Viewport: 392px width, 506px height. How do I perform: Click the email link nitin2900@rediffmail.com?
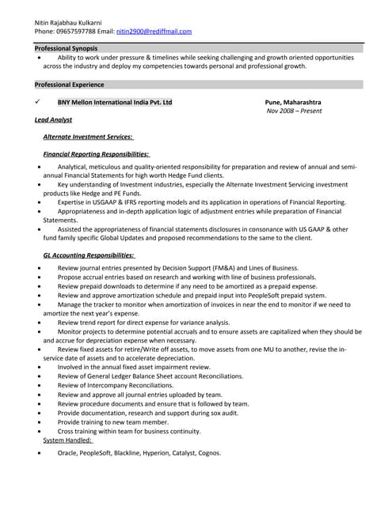[154, 31]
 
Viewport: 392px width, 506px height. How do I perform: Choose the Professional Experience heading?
[70, 85]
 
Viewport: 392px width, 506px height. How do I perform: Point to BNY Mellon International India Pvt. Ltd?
[115, 103]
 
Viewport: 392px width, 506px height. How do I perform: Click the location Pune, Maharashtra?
[293, 103]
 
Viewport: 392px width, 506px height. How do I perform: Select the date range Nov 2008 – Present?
[295, 111]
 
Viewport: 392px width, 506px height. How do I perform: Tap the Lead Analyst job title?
[54, 120]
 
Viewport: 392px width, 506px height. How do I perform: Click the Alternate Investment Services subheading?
[88, 137]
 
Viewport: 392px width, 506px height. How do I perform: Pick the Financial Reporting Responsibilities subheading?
[96, 154]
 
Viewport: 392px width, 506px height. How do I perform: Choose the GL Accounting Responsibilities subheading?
[89, 255]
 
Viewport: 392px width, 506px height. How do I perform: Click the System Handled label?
[69, 440]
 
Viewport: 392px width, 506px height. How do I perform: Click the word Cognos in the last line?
[208, 453]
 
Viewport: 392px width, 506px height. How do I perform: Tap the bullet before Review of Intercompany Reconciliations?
[39, 385]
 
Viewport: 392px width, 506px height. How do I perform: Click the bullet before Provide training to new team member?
[39, 422]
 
